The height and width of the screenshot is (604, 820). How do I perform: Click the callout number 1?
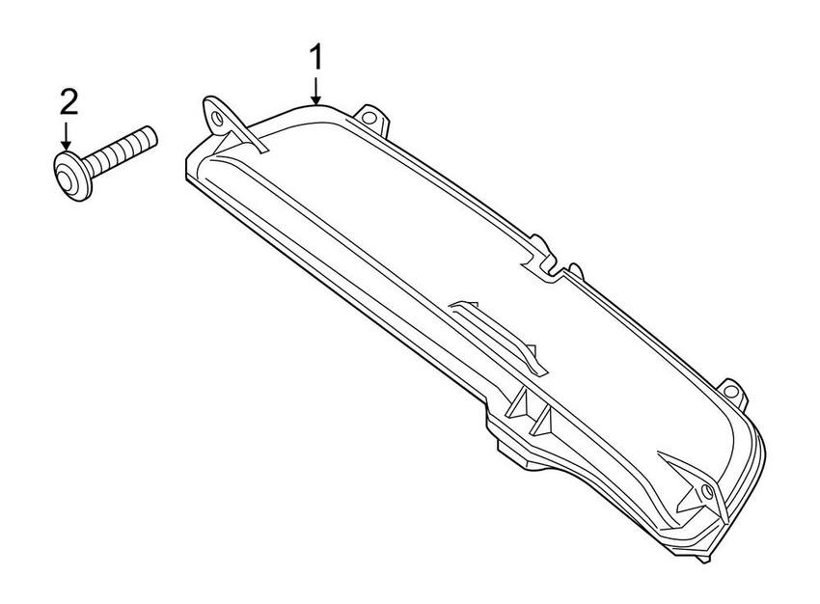pos(314,58)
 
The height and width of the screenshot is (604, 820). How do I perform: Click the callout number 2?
pos(68,98)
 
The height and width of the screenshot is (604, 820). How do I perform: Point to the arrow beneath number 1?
pos(315,90)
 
